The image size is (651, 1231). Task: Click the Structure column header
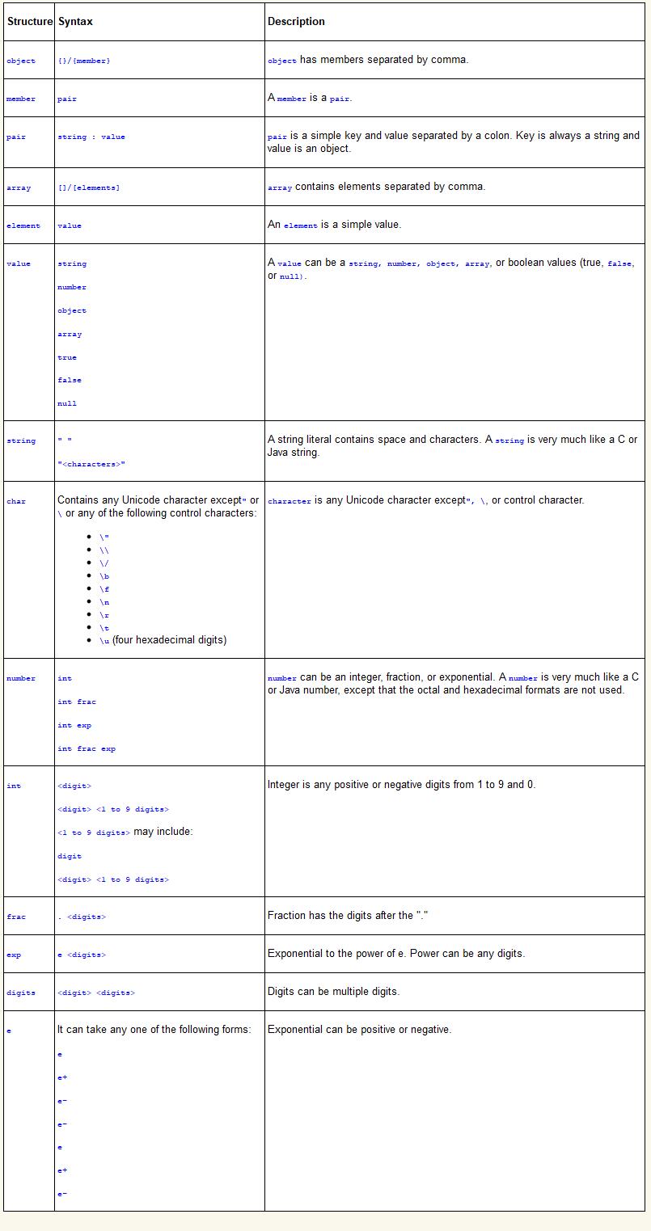pyautogui.click(x=30, y=22)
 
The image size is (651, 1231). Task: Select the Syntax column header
pyautogui.click(x=75, y=22)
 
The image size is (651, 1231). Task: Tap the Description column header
pyautogui.click(x=296, y=22)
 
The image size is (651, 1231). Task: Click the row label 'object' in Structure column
pyautogui.click(x=21, y=61)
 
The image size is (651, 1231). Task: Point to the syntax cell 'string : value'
pyautogui.click(x=91, y=137)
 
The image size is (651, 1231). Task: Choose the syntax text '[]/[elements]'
pyautogui.click(x=88, y=188)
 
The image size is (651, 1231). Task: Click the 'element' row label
pyautogui.click(x=23, y=226)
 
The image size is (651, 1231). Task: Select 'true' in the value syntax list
pyautogui.click(x=67, y=357)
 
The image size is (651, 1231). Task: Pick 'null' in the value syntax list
pyautogui.click(x=67, y=403)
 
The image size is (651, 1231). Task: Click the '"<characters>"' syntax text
pyautogui.click(x=91, y=464)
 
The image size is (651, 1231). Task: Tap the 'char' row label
pyautogui.click(x=16, y=502)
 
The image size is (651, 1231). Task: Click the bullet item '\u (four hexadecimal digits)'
pyautogui.click(x=163, y=640)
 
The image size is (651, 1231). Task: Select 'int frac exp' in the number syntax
pyautogui.click(x=87, y=748)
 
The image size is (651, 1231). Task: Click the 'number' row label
pyautogui.click(x=21, y=679)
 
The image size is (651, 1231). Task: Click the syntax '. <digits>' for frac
pyautogui.click(x=82, y=917)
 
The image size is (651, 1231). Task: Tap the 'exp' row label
pyautogui.click(x=14, y=955)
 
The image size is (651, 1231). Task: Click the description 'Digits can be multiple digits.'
pyautogui.click(x=333, y=991)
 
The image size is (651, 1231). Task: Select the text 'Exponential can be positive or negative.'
pyautogui.click(x=359, y=1030)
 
